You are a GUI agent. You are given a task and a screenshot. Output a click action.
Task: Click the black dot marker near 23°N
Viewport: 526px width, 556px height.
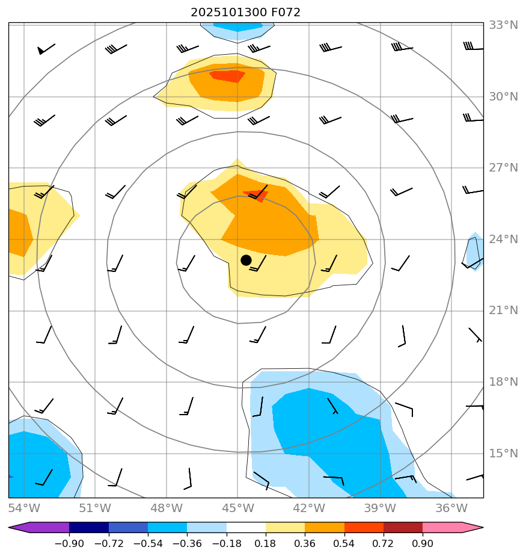coord(246,260)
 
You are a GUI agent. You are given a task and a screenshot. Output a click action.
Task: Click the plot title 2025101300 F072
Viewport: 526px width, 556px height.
coord(245,13)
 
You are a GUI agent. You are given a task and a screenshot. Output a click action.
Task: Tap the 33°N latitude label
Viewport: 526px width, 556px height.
coord(503,25)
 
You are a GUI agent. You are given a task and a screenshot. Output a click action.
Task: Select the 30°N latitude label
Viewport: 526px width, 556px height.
coord(503,97)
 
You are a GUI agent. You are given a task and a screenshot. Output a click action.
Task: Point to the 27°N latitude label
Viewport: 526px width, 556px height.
coord(503,168)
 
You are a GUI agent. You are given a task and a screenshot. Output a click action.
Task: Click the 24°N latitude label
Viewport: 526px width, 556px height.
coord(503,239)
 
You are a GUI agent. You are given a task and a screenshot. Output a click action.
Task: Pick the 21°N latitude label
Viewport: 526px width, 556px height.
coord(503,310)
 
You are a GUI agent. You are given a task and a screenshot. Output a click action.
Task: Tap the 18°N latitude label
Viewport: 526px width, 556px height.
coord(503,382)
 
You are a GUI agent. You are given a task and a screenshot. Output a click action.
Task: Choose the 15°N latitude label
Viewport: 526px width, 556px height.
coord(503,453)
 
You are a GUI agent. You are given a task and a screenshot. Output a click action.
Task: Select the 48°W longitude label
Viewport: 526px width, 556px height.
coord(167,508)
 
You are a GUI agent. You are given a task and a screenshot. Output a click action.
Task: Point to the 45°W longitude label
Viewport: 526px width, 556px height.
coord(237,508)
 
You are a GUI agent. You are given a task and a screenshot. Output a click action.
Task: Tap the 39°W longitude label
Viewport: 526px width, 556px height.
coord(380,508)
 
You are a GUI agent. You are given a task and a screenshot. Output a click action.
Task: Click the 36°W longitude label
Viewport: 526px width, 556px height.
coord(451,508)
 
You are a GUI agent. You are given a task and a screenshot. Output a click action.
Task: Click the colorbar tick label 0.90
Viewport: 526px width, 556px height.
coord(423,544)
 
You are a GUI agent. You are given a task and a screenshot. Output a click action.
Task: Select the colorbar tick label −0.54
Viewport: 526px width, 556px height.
coord(148,544)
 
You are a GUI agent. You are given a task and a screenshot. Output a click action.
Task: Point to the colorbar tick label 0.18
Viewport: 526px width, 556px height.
coord(266,544)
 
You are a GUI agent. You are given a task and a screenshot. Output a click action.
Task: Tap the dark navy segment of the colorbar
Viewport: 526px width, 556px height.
coord(89,528)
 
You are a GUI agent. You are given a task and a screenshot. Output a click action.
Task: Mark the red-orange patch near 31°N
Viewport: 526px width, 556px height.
coord(227,76)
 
